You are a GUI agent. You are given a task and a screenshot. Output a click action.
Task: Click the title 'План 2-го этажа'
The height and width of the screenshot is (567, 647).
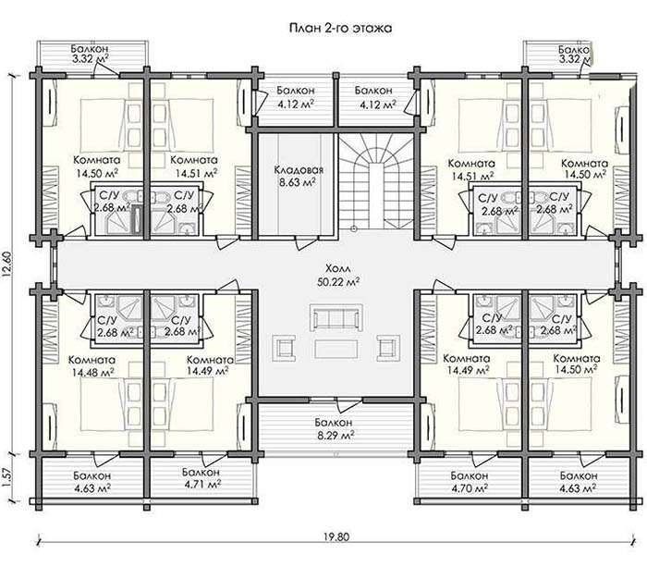340,28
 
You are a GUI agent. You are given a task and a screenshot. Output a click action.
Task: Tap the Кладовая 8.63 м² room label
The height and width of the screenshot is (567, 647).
299,176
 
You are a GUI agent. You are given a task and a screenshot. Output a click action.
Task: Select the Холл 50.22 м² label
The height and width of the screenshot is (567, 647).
338,276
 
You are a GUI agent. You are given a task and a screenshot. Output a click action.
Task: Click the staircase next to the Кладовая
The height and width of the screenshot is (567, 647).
375,183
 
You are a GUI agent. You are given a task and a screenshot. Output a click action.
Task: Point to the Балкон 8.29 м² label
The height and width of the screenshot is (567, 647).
334,428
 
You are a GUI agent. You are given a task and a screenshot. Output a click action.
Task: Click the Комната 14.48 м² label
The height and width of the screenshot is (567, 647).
92,366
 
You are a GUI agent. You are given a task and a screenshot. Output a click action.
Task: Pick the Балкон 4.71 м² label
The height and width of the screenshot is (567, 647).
201,477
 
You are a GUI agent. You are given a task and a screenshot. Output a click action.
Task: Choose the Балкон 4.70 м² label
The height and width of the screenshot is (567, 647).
470,482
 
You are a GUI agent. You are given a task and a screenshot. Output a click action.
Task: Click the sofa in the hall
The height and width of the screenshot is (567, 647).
337,316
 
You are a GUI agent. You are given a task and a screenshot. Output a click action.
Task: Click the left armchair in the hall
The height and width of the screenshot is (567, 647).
285,348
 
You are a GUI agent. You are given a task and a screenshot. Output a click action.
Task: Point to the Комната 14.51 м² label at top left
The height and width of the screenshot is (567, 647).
194,166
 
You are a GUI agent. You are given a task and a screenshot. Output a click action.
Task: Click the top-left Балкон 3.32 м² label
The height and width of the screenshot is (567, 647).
91,54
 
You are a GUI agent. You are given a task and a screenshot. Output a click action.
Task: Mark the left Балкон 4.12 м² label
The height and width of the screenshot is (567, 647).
296,96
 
